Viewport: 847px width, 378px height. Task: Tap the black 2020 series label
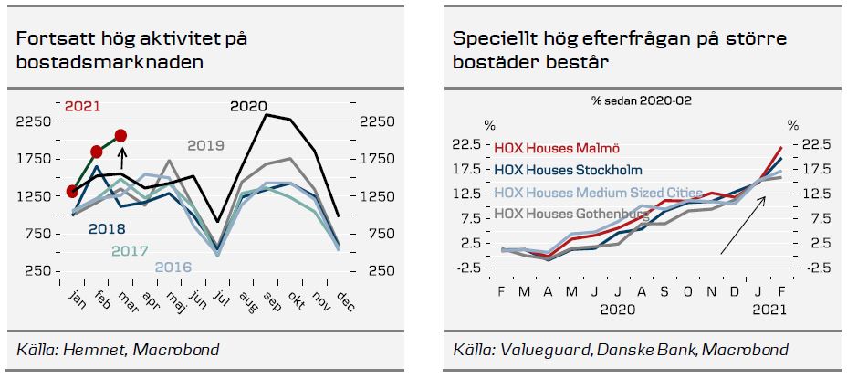[x=247, y=107]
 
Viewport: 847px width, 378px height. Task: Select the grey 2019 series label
[x=205, y=145]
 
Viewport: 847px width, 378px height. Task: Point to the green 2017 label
[x=130, y=250]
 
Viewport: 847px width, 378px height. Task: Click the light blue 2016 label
[x=173, y=267]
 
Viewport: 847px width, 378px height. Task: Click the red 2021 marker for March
[x=120, y=136]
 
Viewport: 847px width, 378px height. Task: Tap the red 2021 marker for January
[x=72, y=191]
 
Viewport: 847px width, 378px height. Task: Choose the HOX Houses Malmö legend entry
[x=559, y=146]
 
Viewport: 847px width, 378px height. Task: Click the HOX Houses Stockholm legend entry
[x=568, y=169]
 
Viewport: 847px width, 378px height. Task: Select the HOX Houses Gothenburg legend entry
[x=570, y=214]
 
